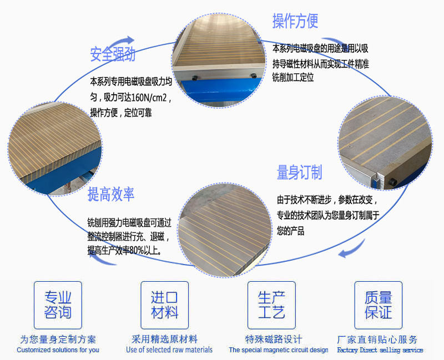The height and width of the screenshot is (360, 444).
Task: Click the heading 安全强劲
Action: (x=113, y=54)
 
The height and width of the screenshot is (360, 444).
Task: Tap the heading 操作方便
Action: (x=295, y=21)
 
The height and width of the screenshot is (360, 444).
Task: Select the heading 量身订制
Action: (x=300, y=173)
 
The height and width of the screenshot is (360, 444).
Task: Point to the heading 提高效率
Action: (x=111, y=194)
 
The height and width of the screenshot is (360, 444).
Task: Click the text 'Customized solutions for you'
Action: (x=58, y=350)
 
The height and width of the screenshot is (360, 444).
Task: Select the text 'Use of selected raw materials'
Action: (x=169, y=350)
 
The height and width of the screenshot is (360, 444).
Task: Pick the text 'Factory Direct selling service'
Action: (x=380, y=350)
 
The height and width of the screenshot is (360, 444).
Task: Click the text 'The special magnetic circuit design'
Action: (x=279, y=350)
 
